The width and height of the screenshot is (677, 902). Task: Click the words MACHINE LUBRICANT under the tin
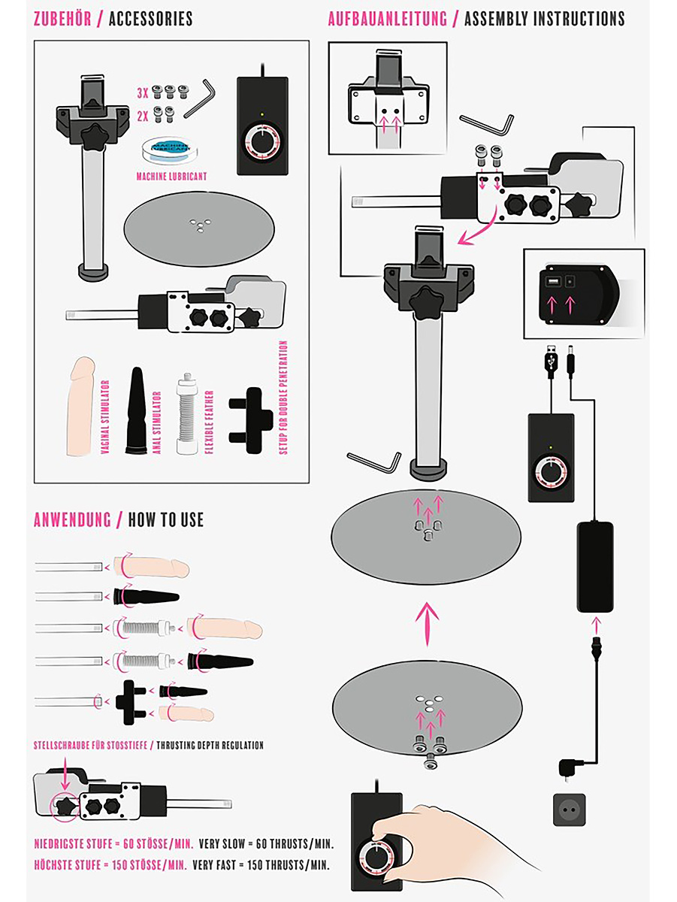[x=171, y=177]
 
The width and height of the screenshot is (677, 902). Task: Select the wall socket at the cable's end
[x=569, y=810]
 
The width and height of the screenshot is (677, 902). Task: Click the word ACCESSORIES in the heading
[x=151, y=19]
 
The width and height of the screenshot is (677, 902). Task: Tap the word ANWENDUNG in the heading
[x=72, y=520]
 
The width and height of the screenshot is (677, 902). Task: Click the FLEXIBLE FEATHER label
[x=209, y=422]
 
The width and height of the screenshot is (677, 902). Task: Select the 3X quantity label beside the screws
[x=143, y=93]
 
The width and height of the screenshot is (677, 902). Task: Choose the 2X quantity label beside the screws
[x=143, y=117]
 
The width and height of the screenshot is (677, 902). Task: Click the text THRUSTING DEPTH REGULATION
[x=210, y=746]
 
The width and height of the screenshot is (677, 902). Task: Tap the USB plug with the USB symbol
[x=552, y=362]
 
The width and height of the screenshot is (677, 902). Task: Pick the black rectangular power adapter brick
[x=595, y=567]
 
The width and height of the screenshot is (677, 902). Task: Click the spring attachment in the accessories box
[x=187, y=414]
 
